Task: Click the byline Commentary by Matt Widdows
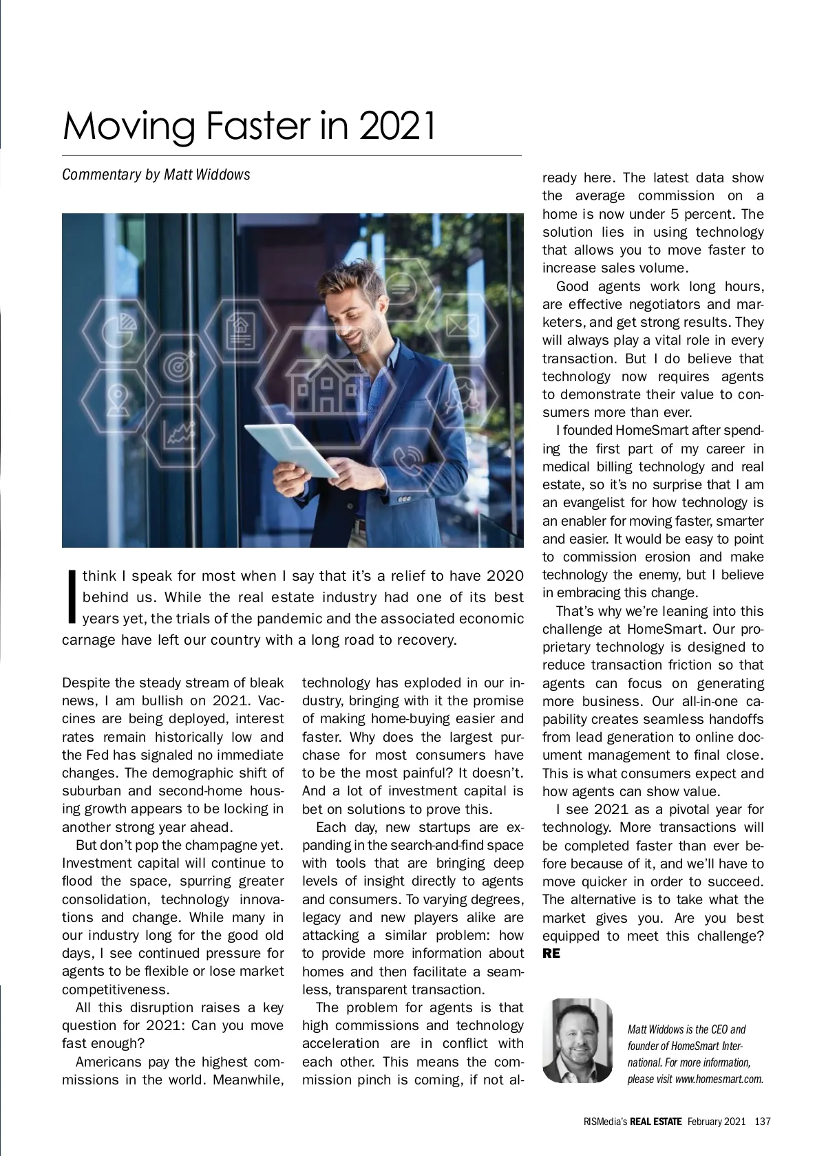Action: click(x=156, y=174)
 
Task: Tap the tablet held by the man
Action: click(x=291, y=449)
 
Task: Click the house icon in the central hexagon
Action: click(x=326, y=386)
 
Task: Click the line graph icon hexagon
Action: click(x=179, y=434)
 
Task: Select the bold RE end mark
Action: click(x=551, y=954)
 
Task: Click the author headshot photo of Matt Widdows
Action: click(x=577, y=1040)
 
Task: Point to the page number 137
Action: click(x=762, y=1122)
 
